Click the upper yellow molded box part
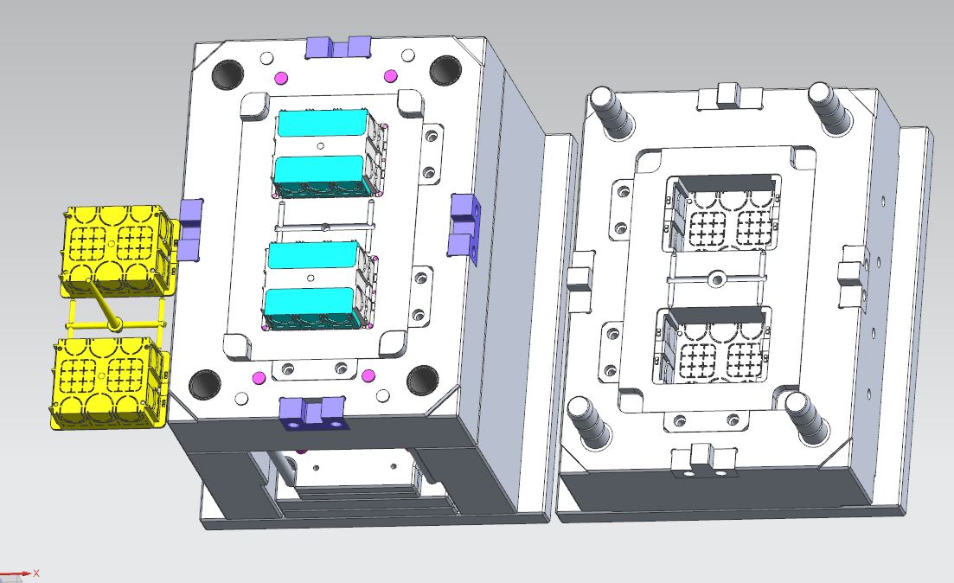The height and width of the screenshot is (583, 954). (112, 247)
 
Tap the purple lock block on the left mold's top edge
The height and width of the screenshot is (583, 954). (337, 47)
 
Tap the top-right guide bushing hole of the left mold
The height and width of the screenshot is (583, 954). (446, 70)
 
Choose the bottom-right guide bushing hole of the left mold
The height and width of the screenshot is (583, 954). (425, 380)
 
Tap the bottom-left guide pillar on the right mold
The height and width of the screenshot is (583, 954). (587, 418)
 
